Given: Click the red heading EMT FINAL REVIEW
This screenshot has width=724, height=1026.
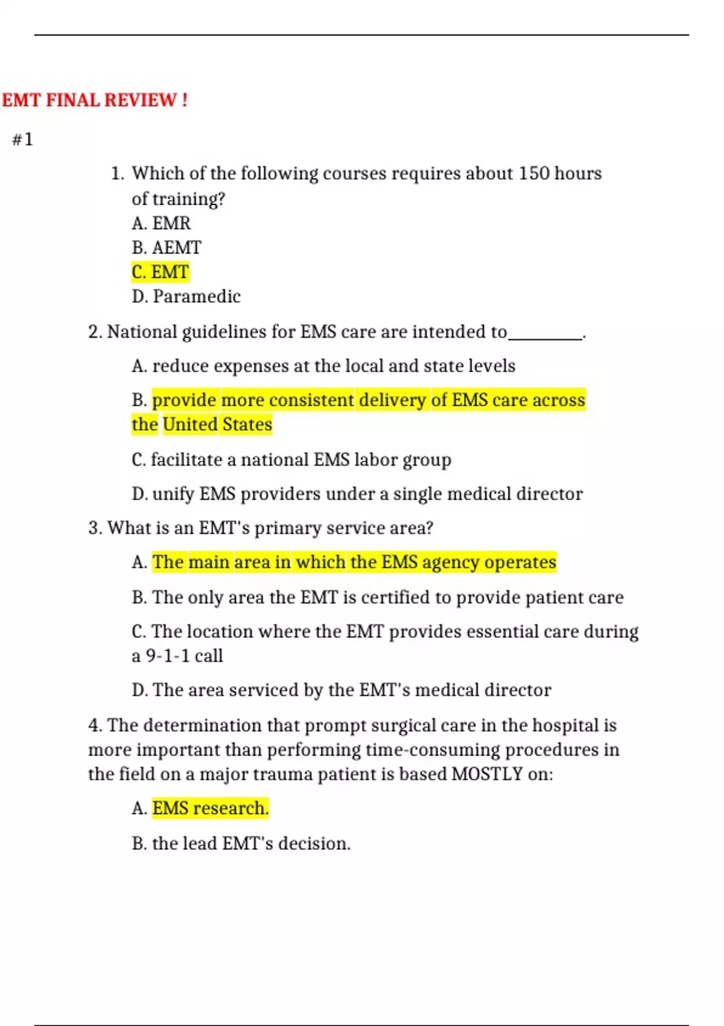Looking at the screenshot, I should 94,100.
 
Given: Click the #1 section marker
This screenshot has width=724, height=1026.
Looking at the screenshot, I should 22,140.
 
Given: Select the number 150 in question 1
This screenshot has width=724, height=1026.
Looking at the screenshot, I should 534,174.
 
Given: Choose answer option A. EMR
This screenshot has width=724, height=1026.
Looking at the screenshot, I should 161,224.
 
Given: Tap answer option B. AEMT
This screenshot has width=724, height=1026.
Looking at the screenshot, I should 167,248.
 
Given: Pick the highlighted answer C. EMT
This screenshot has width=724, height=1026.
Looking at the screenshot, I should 160,272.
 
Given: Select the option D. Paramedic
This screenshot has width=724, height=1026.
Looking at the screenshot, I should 186,297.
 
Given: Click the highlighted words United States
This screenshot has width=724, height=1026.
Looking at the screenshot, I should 217,425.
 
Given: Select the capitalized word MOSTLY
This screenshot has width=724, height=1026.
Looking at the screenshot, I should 487,774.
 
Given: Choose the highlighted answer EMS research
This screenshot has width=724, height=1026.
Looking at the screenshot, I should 210,809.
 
